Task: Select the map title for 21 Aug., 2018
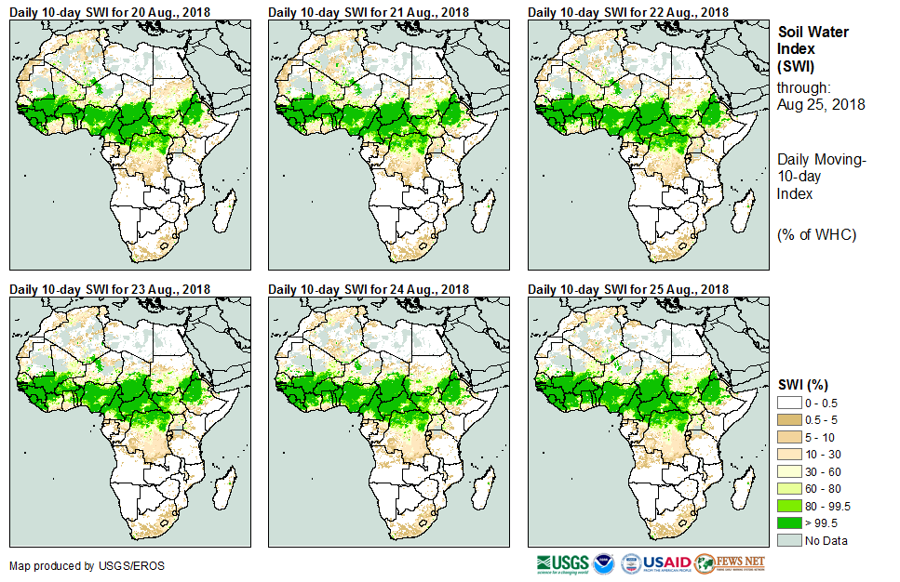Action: (x=369, y=11)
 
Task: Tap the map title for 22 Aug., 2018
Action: (x=629, y=11)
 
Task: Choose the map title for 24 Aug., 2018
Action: (x=369, y=289)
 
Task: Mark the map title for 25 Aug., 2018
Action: (x=629, y=289)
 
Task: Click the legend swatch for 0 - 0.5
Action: (x=789, y=402)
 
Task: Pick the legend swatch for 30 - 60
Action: (x=789, y=470)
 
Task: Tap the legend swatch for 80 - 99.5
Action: (x=789, y=505)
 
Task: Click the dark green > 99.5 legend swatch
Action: (x=789, y=522)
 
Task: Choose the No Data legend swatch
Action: (x=789, y=539)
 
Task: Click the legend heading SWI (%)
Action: (x=803, y=384)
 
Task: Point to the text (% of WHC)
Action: (x=816, y=234)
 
